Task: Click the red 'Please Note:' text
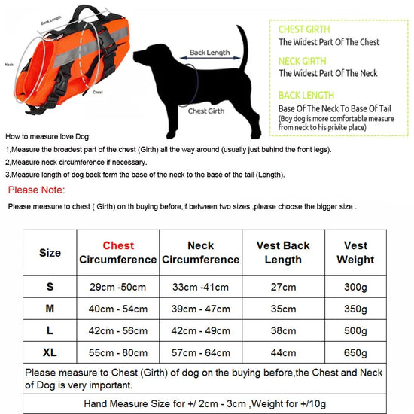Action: (35, 190)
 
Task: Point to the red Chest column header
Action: (118, 245)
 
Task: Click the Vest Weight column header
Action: (355, 252)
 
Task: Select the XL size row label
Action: (50, 351)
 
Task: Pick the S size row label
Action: (50, 287)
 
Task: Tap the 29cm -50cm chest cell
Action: (118, 287)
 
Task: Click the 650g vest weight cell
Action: (355, 351)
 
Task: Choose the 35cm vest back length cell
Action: (283, 309)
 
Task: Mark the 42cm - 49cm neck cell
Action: (200, 330)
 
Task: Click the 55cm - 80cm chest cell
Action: (118, 351)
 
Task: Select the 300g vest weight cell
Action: (355, 287)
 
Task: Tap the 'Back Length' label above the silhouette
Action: (209, 53)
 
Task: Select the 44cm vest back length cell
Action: (283, 351)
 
